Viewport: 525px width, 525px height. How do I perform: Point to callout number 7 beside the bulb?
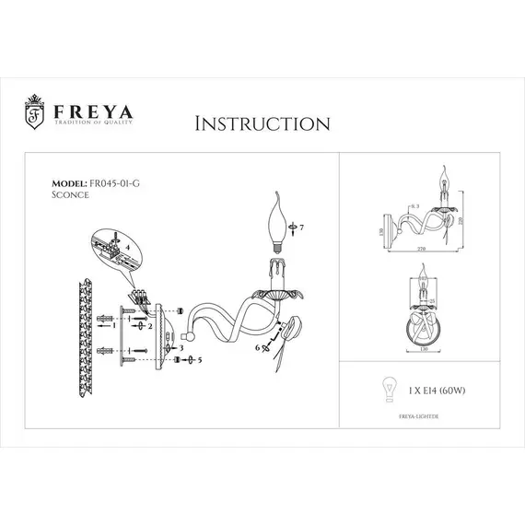[x=299, y=227]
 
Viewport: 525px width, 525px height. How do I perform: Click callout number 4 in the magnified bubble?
[x=128, y=248]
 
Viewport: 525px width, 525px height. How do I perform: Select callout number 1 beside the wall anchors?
[x=113, y=325]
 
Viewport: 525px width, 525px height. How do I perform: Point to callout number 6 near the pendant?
[x=260, y=347]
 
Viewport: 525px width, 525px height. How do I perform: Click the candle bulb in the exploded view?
[x=279, y=222]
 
